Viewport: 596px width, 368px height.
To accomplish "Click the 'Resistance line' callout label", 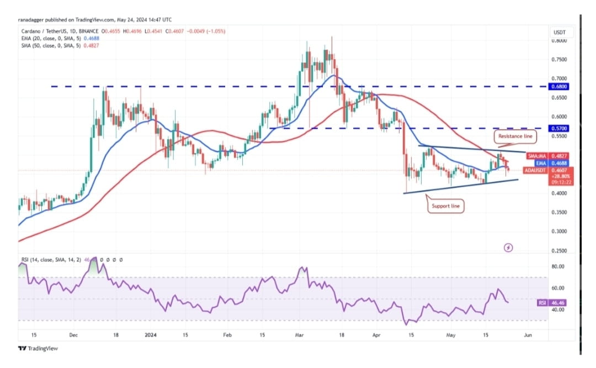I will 514,135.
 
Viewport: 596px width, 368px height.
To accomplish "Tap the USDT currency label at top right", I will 560,32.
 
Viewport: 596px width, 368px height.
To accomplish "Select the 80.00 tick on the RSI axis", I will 558,266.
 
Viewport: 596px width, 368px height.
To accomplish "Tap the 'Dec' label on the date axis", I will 72,335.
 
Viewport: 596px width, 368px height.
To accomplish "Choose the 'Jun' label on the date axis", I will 528,335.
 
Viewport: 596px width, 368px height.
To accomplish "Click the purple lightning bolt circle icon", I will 508,248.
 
